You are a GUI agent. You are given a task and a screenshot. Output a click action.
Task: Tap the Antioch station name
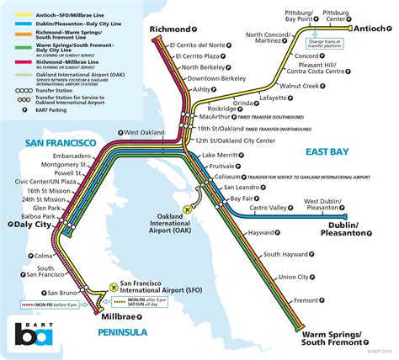pyautogui.click(x=375, y=30)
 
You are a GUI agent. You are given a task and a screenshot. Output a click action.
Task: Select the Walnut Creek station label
pyautogui.click(x=301, y=86)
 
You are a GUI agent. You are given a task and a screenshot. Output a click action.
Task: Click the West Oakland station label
pyautogui.click(x=144, y=133)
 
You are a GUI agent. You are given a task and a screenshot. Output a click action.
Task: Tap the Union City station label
pyautogui.click(x=293, y=277)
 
